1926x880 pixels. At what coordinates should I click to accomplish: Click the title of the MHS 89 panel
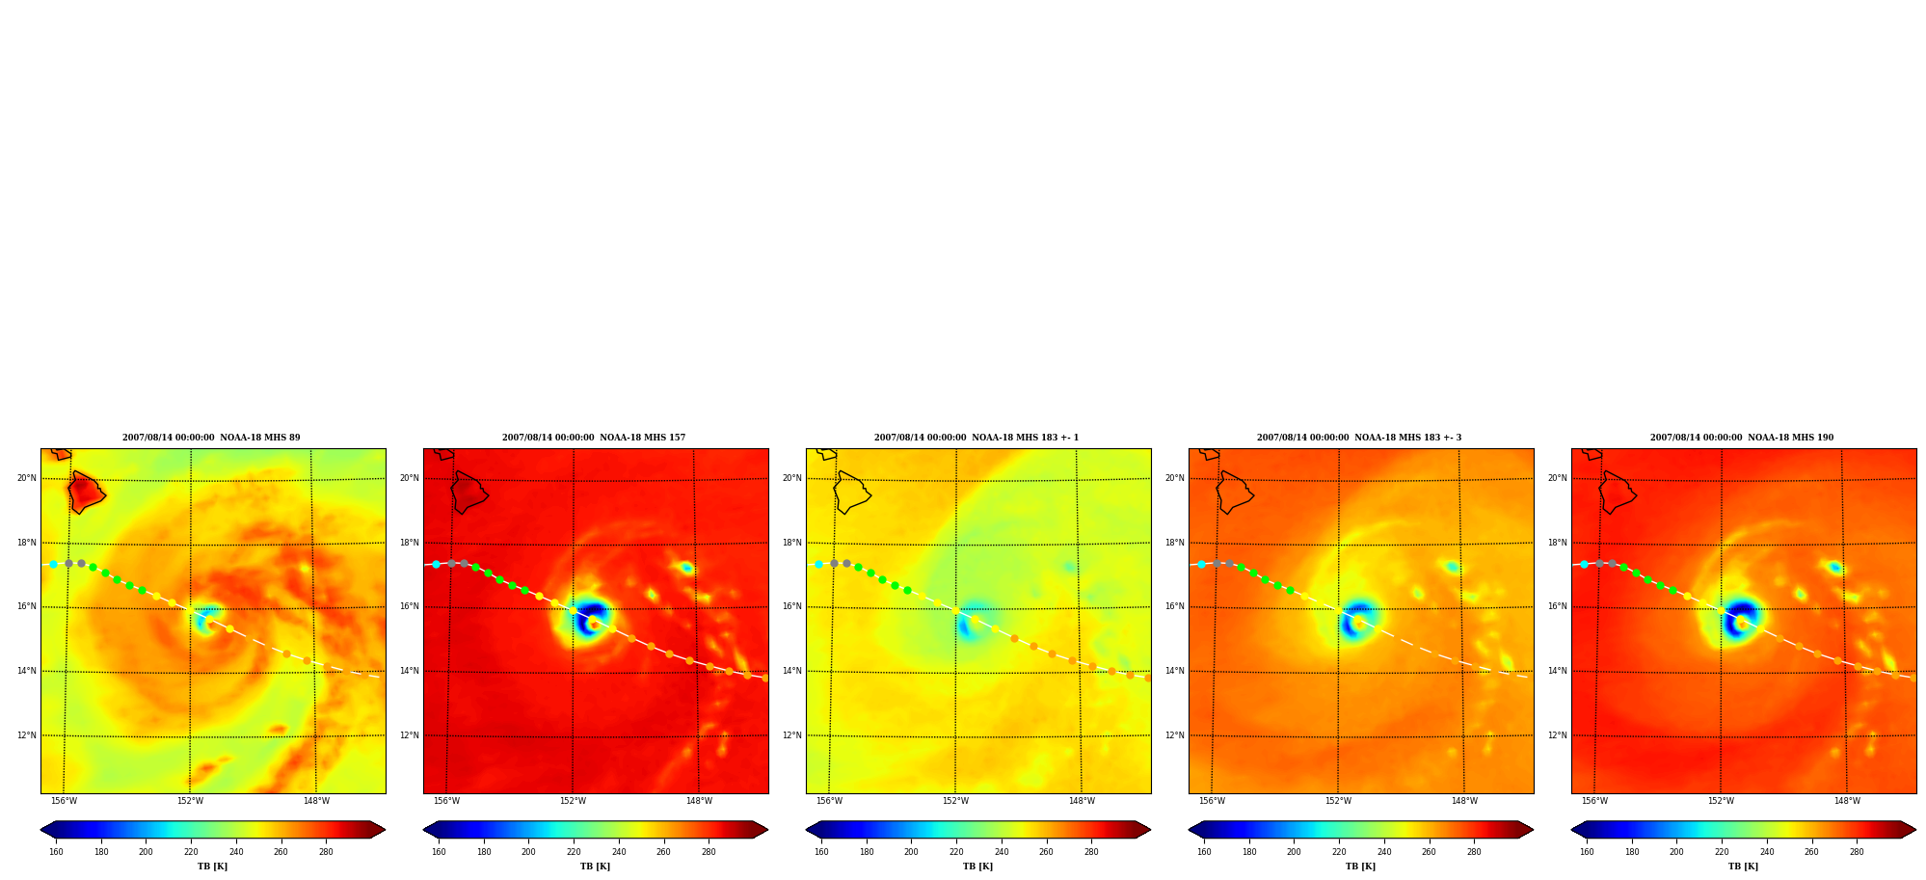211,438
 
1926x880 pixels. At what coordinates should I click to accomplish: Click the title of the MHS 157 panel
594,438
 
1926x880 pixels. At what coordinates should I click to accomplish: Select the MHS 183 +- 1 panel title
976,438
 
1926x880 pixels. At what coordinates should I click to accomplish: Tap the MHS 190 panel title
1742,438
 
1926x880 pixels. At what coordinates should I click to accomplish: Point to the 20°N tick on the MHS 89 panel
26,478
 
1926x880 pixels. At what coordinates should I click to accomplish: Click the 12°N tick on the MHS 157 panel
410,735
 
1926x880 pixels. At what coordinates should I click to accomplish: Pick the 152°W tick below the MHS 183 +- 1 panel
955,801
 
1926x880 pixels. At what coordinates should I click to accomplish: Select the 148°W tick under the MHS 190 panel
1847,801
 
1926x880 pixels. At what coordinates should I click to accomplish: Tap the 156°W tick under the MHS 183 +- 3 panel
1212,801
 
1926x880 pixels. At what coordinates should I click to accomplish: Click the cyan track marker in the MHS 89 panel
54,564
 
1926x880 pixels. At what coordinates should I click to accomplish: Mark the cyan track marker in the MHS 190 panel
1584,564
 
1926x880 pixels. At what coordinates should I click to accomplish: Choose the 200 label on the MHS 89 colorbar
146,852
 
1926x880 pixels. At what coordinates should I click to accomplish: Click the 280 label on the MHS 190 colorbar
1857,852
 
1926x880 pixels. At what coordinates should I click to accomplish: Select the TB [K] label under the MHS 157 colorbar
595,867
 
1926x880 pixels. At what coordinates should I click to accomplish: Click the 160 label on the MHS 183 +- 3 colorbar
1204,852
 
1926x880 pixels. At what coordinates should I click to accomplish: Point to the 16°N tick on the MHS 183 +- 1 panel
791,607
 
